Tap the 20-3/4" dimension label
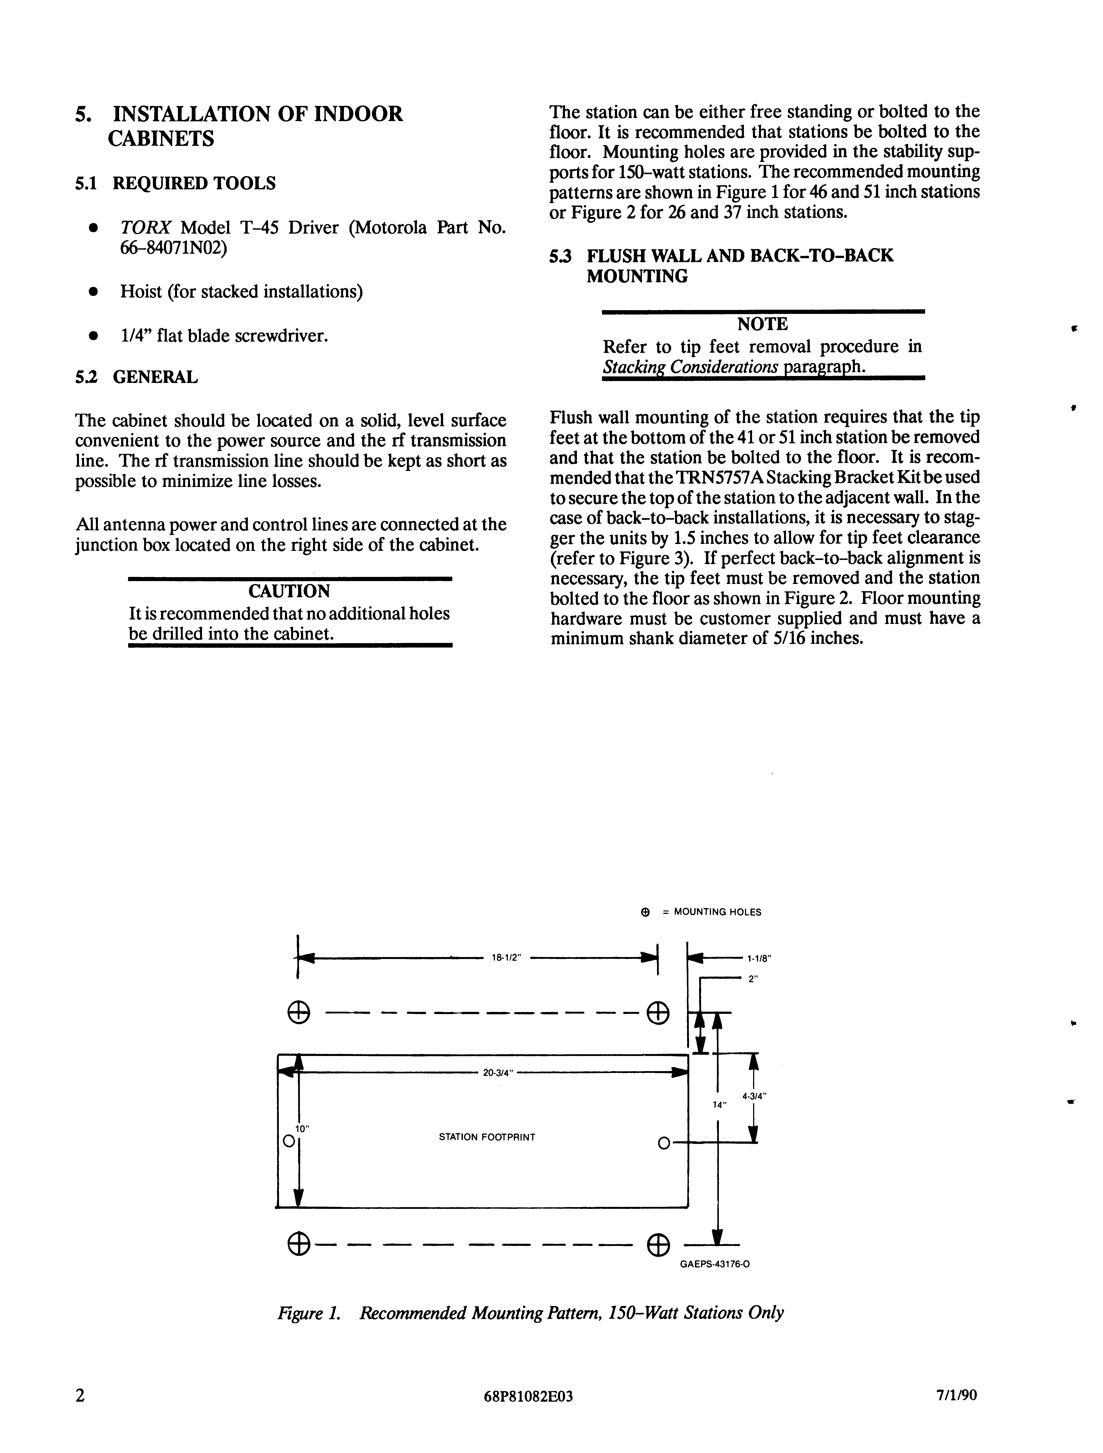point(497,1073)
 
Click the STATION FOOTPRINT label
point(487,1137)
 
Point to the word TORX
point(146,228)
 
